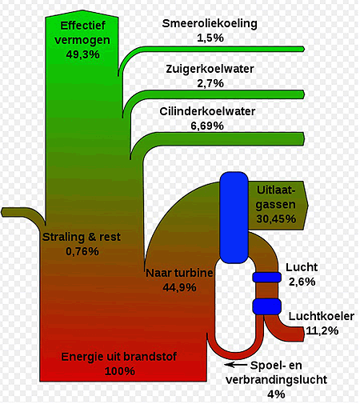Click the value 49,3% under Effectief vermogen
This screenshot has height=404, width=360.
tap(82, 54)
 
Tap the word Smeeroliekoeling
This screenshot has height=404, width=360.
tap(210, 23)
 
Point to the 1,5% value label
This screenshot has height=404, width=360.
tap(210, 38)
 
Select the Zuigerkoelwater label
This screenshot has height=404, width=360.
tap(210, 69)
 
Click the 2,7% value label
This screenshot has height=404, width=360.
tap(210, 83)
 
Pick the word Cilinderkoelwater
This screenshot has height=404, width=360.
tap(207, 111)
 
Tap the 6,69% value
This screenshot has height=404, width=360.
tap(207, 126)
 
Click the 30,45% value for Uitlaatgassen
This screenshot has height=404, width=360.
tap(276, 219)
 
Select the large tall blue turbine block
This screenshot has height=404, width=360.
tap(234, 218)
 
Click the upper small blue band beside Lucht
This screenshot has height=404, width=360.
tap(266, 278)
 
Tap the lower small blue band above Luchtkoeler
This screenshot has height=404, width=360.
tap(266, 306)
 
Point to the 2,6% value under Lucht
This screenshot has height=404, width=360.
tap(302, 282)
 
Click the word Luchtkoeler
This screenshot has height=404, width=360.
tap(322, 316)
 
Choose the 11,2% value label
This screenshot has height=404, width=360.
tap(322, 330)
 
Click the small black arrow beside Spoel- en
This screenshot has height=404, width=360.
tap(236, 364)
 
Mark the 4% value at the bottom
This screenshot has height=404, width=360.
tap(276, 394)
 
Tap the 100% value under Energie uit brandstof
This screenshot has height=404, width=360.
tap(120, 371)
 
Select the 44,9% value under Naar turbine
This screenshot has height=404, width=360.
tap(179, 287)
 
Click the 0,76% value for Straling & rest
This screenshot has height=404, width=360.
tap(82, 251)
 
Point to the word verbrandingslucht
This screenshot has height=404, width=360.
tap(276, 379)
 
